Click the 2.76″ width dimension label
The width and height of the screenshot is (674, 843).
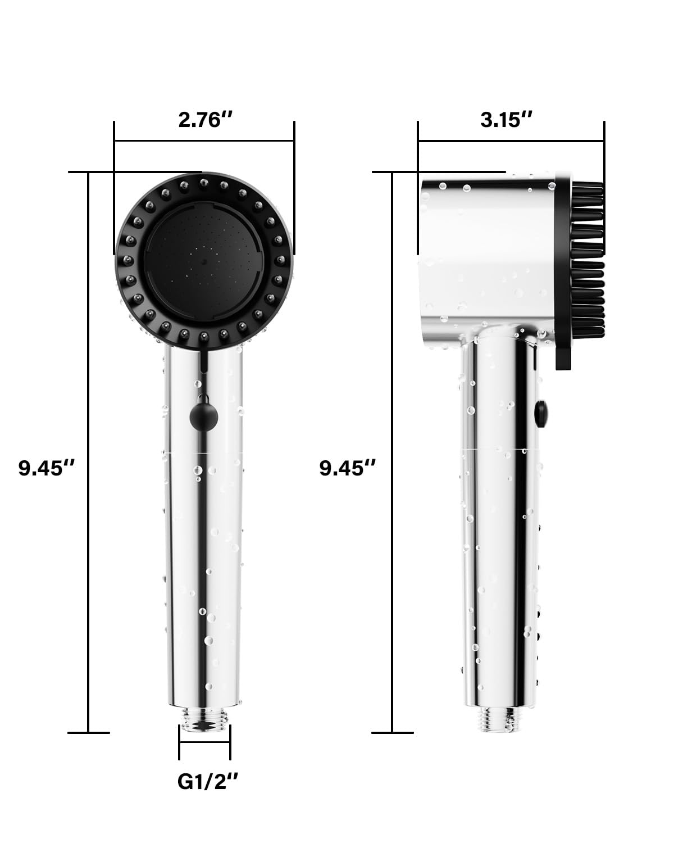pyautogui.click(x=205, y=120)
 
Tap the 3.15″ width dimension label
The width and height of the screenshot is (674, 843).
pyautogui.click(x=507, y=120)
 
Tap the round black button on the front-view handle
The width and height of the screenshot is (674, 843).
pyautogui.click(x=204, y=418)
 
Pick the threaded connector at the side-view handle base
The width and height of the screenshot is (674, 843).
pyautogui.click(x=502, y=719)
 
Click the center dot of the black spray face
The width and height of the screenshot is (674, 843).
pyautogui.click(x=203, y=261)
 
